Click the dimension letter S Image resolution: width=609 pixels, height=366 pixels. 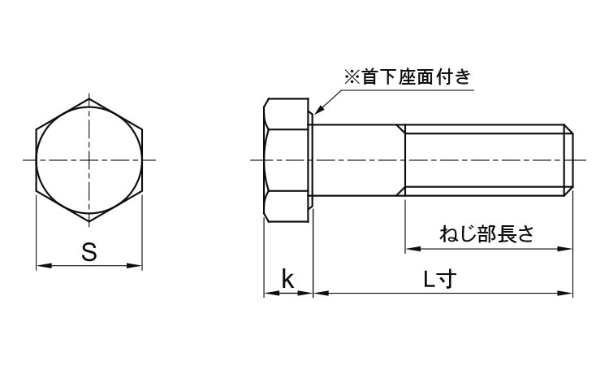pyautogui.click(x=89, y=251)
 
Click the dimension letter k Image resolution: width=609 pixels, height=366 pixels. pyautogui.click(x=287, y=278)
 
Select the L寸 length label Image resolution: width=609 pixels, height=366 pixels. pyautogui.click(x=439, y=279)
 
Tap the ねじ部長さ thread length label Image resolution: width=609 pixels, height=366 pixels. pyautogui.click(x=487, y=234)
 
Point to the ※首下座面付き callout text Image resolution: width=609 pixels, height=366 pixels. pyautogui.click(x=408, y=76)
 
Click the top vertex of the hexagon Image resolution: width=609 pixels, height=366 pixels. pyautogui.click(x=89, y=98)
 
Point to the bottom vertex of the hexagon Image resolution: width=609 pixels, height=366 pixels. pyautogui.click(x=89, y=221)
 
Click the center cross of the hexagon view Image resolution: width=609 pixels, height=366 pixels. pyautogui.click(x=89, y=160)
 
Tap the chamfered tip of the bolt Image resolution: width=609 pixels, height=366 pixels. pyautogui.click(x=568, y=160)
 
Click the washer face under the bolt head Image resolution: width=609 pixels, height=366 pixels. pyautogui.click(x=311, y=160)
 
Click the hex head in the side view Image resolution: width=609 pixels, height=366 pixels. pyautogui.click(x=287, y=160)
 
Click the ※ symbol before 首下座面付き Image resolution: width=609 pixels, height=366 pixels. pyautogui.click(x=352, y=77)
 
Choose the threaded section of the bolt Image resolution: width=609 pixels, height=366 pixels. pyautogui.click(x=485, y=160)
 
